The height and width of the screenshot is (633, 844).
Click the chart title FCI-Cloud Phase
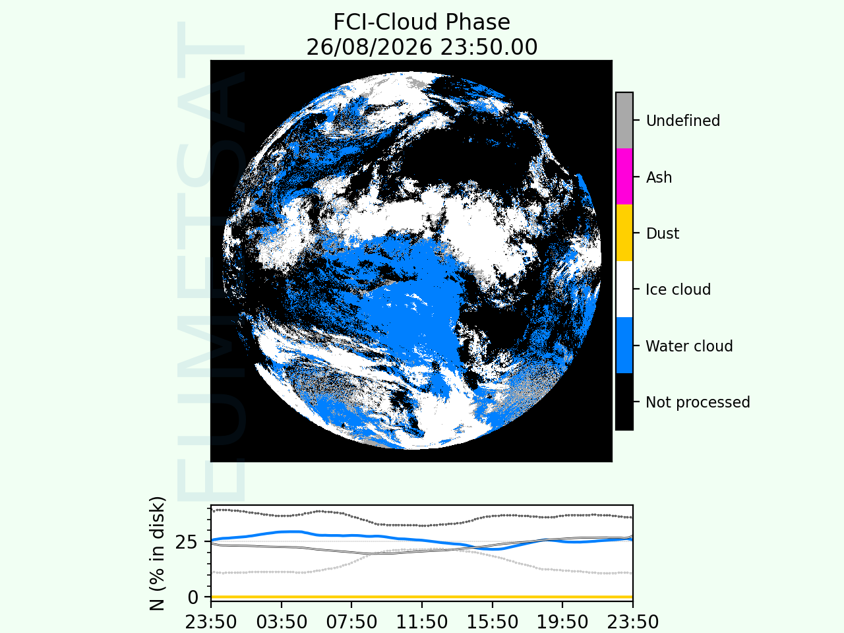(421, 22)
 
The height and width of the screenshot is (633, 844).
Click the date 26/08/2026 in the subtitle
(369, 47)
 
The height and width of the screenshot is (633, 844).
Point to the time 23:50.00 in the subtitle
(489, 47)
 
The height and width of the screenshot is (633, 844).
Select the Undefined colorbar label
(683, 121)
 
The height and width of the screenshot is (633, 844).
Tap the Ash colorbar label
(659, 177)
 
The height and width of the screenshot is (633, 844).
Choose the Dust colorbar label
(663, 233)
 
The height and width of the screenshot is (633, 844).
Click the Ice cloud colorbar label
(678, 289)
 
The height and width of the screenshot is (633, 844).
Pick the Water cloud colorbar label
(690, 346)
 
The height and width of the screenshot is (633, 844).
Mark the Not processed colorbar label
(698, 402)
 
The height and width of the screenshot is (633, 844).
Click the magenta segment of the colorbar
(624, 177)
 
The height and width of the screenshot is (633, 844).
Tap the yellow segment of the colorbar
(624, 233)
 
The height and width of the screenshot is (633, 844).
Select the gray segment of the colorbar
(624, 120)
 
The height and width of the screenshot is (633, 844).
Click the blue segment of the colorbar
(624, 345)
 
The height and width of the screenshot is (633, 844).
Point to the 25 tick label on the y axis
(187, 542)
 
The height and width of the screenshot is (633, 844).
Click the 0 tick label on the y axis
(193, 597)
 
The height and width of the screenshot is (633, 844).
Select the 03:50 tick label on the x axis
(282, 622)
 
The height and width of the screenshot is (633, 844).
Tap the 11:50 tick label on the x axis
(422, 622)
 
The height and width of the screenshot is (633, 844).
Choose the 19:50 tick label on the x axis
(562, 622)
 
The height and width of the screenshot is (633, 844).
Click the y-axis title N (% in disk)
(158, 553)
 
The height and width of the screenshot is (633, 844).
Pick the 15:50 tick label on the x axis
(492, 622)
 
